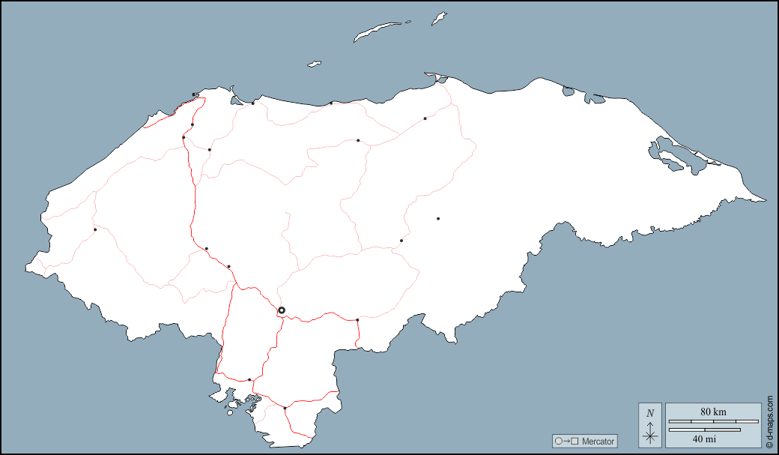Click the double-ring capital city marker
pyautogui.click(x=282, y=310)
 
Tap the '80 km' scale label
pyautogui.click(x=713, y=412)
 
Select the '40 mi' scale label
pyautogui.click(x=703, y=438)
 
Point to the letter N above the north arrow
pyautogui.click(x=650, y=413)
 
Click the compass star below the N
pyautogui.click(x=650, y=435)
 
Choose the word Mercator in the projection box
pyautogui.click(x=598, y=442)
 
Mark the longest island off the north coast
pyautogui.click(x=378, y=31)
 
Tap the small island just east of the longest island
pyautogui.click(x=439, y=18)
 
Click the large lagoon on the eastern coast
pyautogui.click(x=678, y=156)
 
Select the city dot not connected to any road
pyautogui.click(x=438, y=218)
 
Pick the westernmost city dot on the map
pyautogui.click(x=95, y=229)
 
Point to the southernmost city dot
pyautogui.click(x=285, y=408)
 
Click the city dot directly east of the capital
pyautogui.click(x=357, y=320)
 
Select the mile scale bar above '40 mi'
pyautogui.click(x=704, y=430)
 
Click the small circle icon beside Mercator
pyautogui.click(x=558, y=442)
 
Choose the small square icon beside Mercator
pyautogui.click(x=575, y=442)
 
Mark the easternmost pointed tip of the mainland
pyautogui.click(x=765, y=201)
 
